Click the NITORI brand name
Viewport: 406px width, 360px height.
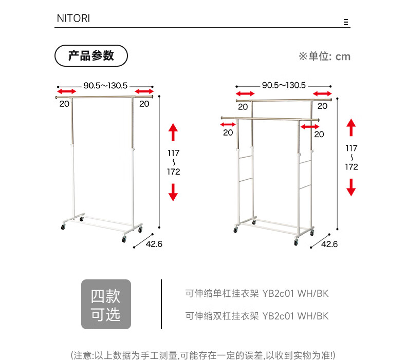pyautogui.click(x=72, y=18)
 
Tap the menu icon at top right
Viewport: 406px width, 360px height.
pyautogui.click(x=346, y=22)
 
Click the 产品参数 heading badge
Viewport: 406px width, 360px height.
pyautogui.click(x=91, y=55)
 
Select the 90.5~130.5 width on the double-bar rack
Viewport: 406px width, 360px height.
pyautogui.click(x=284, y=85)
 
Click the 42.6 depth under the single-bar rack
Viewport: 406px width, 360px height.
pyautogui.click(x=154, y=244)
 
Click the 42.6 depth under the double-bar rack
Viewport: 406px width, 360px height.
pyautogui.click(x=329, y=244)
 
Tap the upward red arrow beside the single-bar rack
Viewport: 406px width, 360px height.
pyautogui.click(x=173, y=132)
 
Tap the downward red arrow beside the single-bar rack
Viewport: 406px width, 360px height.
pyautogui.click(x=173, y=192)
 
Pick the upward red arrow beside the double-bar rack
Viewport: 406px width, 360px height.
pyautogui.click(x=351, y=127)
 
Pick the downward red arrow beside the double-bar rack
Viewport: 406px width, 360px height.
pyautogui.click(x=351, y=187)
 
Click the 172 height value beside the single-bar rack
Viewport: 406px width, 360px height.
pyautogui.click(x=174, y=172)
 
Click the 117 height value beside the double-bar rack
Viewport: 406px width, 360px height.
pyautogui.click(x=352, y=148)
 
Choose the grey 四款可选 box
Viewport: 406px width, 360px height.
pyautogui.click(x=106, y=304)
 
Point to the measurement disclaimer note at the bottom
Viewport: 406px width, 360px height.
pyautogui.click(x=203, y=355)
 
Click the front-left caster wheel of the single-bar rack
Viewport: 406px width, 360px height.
pyautogui.click(x=64, y=226)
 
